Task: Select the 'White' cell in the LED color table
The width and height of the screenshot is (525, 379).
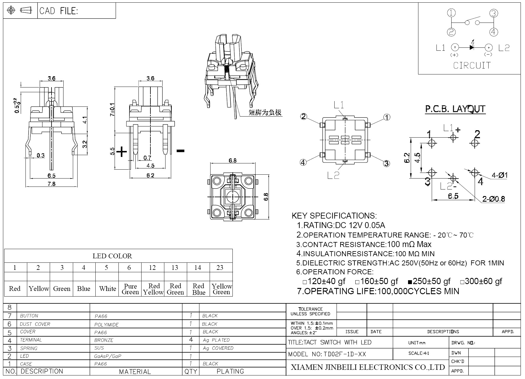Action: [107, 289]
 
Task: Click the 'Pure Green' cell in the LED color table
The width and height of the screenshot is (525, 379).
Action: [130, 289]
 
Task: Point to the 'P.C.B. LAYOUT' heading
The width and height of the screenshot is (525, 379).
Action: [455, 109]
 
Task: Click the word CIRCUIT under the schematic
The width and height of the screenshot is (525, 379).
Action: [472, 66]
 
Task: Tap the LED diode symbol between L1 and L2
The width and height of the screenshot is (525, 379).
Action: [472, 47]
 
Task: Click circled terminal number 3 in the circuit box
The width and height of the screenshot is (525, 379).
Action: [493, 13]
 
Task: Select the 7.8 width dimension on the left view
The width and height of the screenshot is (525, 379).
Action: [52, 184]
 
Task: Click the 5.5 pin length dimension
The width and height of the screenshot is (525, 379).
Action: [112, 151]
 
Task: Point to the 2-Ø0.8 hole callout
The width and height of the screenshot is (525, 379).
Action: [493, 199]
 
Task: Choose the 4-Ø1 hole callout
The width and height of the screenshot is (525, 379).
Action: [500, 175]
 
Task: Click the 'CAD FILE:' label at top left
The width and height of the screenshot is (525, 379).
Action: [59, 11]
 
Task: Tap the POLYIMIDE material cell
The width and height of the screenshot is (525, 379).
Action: [106, 324]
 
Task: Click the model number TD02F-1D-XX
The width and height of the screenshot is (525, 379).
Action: [345, 354]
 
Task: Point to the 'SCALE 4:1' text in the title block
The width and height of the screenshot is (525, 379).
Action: [419, 353]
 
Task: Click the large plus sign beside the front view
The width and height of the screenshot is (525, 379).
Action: [121, 152]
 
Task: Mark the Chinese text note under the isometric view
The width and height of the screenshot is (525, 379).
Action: [265, 112]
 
